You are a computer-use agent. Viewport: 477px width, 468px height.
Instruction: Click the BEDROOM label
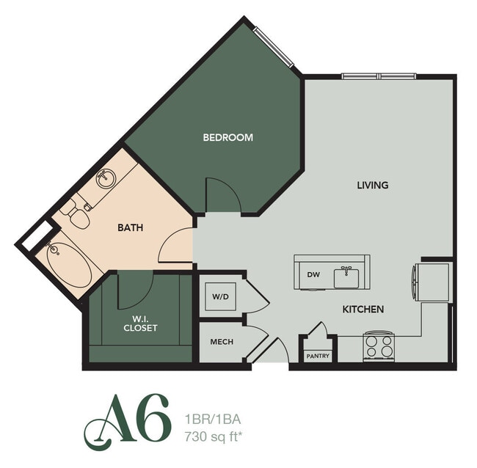point(228,137)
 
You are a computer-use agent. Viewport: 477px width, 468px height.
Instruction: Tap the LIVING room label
point(372,185)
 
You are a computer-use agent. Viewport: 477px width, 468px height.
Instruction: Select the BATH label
point(130,227)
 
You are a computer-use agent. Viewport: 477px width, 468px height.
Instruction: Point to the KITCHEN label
point(363,310)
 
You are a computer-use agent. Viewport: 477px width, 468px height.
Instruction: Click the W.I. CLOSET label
point(140,323)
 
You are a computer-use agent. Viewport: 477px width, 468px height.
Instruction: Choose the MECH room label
point(222,342)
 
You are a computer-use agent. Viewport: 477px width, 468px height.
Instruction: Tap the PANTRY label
point(318,357)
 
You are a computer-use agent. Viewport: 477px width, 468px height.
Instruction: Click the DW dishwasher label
point(313,275)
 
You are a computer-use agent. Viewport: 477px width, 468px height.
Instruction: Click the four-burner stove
point(379,346)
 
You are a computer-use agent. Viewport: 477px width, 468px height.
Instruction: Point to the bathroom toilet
point(76,213)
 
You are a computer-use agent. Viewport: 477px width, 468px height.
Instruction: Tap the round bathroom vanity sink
point(106,177)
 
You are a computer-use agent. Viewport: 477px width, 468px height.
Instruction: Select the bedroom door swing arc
point(222,194)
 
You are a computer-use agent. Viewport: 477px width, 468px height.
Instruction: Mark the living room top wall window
point(379,76)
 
